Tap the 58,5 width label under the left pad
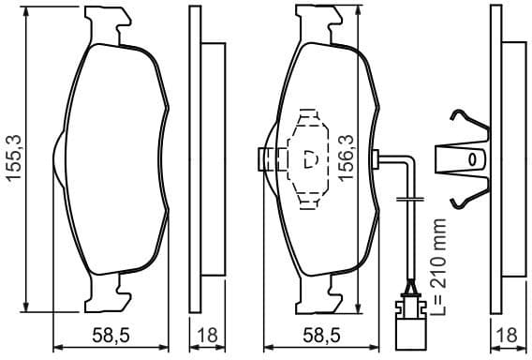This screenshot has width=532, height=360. (x=111, y=334)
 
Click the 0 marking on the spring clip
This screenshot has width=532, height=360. (x=472, y=158)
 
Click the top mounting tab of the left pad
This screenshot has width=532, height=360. (x=110, y=23)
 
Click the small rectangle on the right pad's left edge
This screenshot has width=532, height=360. (x=265, y=158)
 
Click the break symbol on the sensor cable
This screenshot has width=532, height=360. (x=409, y=199)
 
